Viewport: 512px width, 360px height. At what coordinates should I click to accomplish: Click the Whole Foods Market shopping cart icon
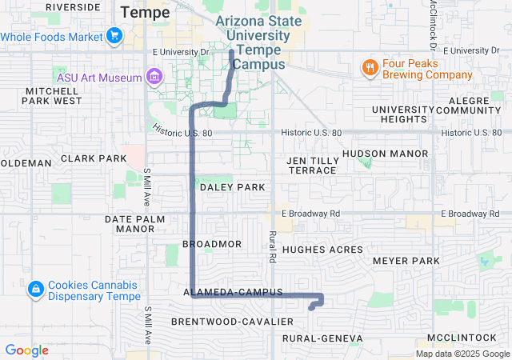114,36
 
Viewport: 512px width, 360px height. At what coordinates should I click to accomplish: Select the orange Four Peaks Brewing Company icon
369,68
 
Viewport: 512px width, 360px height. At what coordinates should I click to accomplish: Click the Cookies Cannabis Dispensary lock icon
35,288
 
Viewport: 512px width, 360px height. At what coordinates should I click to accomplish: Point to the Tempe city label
145,12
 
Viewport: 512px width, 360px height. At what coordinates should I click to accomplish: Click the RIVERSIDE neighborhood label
74,6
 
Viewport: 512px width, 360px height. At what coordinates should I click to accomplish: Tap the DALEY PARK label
232,186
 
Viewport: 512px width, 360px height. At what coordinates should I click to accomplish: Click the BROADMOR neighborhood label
212,243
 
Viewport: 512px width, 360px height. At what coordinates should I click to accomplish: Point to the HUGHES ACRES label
323,250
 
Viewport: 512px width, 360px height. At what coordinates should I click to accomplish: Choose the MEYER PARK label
406,261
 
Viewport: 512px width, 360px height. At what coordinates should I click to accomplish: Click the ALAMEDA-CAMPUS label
233,293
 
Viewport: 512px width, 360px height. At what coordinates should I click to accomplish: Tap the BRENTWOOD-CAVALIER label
232,321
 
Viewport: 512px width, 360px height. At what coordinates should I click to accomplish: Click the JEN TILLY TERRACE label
312,166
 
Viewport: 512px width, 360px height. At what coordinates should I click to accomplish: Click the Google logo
26,350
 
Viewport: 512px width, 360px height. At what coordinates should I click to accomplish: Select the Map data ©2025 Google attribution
462,354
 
